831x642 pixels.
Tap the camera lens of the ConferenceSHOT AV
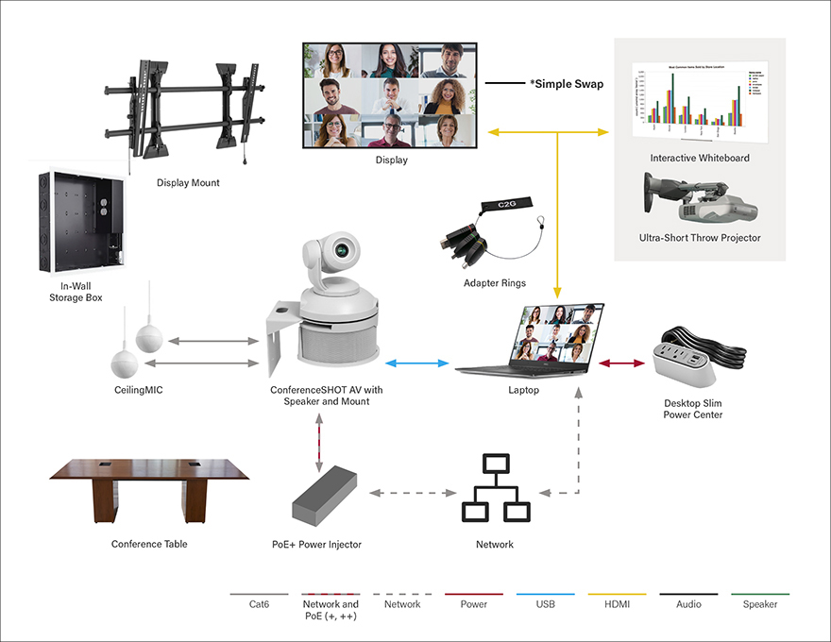coord(345,252)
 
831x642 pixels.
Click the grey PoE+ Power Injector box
coord(322,497)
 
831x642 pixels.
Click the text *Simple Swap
coord(567,84)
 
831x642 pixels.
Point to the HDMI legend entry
coord(615,604)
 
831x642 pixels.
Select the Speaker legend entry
coord(760,604)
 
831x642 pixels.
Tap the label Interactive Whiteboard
coord(700,158)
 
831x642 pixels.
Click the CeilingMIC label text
coord(134,389)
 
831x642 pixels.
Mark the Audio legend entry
coord(687,604)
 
